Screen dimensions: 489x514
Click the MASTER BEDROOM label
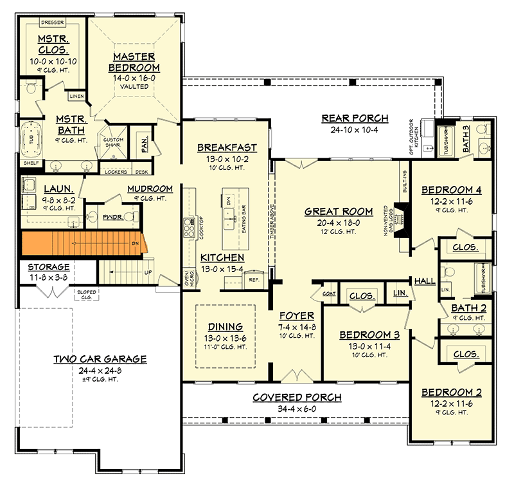click(134, 62)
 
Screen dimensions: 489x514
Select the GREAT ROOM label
click(339, 211)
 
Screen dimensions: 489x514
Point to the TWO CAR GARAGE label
click(100, 359)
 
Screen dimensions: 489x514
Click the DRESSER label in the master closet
click(50, 22)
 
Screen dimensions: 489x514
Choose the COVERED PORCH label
click(297, 397)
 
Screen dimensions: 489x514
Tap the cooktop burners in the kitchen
click(190, 228)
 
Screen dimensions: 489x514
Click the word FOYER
click(296, 316)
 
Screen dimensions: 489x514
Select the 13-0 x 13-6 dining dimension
click(225, 337)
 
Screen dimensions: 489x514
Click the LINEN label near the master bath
click(77, 96)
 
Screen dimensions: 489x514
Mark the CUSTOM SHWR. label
click(114, 143)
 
